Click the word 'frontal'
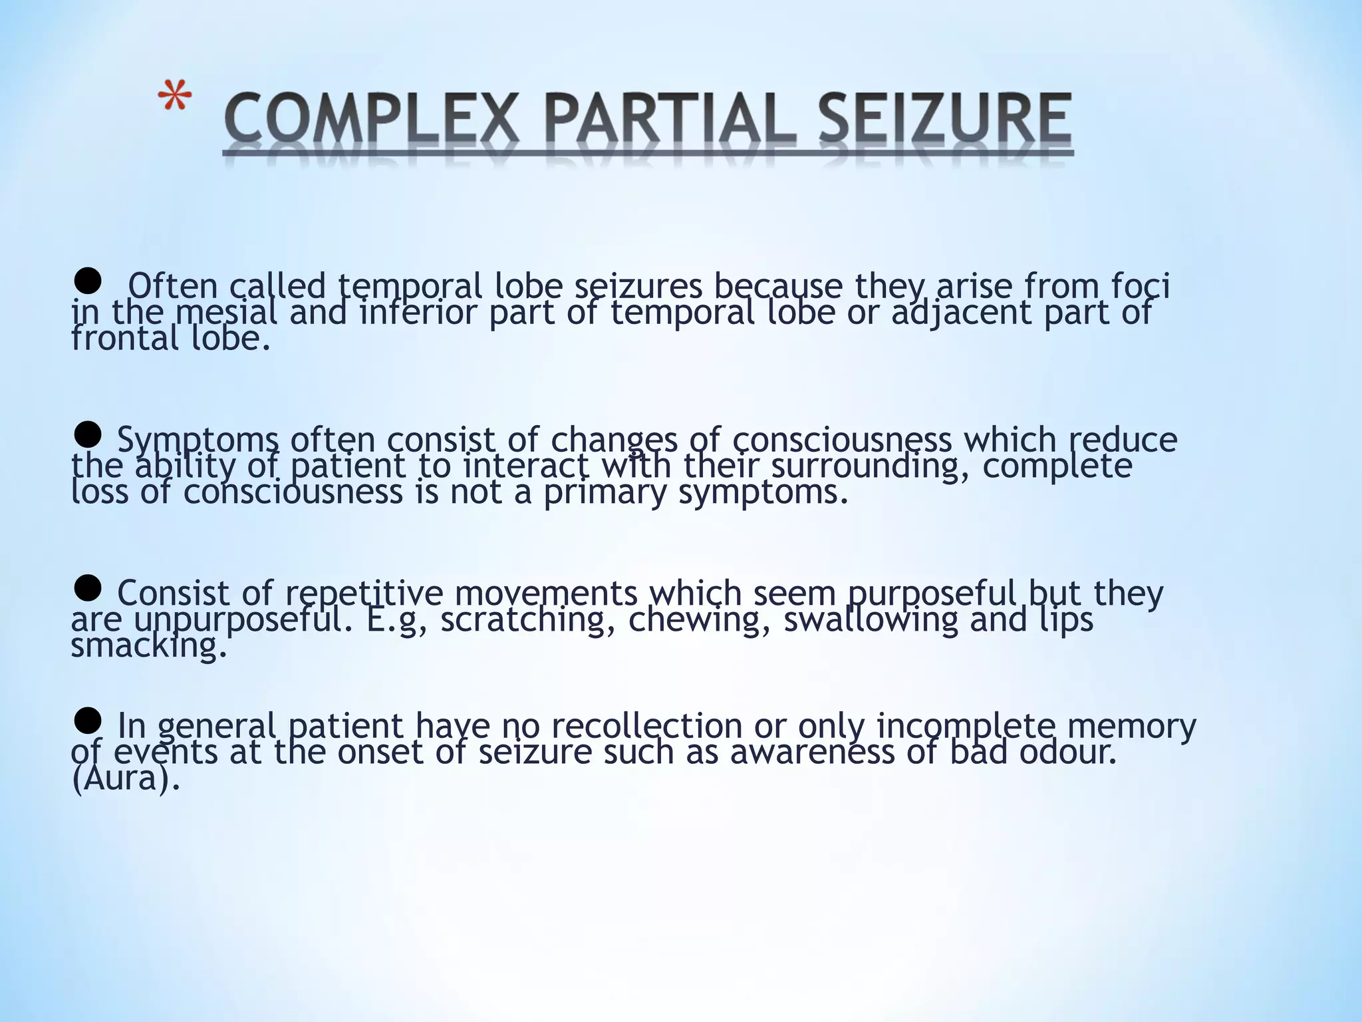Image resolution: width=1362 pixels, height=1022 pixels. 125,339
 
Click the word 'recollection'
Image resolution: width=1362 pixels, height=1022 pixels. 642,725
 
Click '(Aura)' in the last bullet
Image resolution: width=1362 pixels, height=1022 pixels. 126,778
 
